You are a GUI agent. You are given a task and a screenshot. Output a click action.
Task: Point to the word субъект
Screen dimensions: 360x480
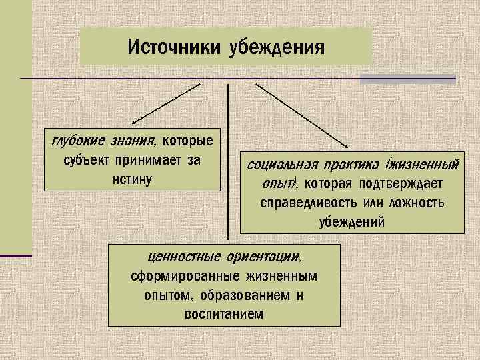tap(88, 161)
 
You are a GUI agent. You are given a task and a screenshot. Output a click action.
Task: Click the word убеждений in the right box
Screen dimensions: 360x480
tap(351, 221)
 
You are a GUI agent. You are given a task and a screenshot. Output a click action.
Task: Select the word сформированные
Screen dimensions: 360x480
tap(181, 276)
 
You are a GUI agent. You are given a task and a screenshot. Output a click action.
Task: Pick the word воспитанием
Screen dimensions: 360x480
tap(223, 313)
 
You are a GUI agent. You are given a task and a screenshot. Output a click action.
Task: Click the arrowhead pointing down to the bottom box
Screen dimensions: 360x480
tap(228, 235)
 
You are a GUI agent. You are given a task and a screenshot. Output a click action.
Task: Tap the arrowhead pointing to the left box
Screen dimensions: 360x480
tap(134, 121)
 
